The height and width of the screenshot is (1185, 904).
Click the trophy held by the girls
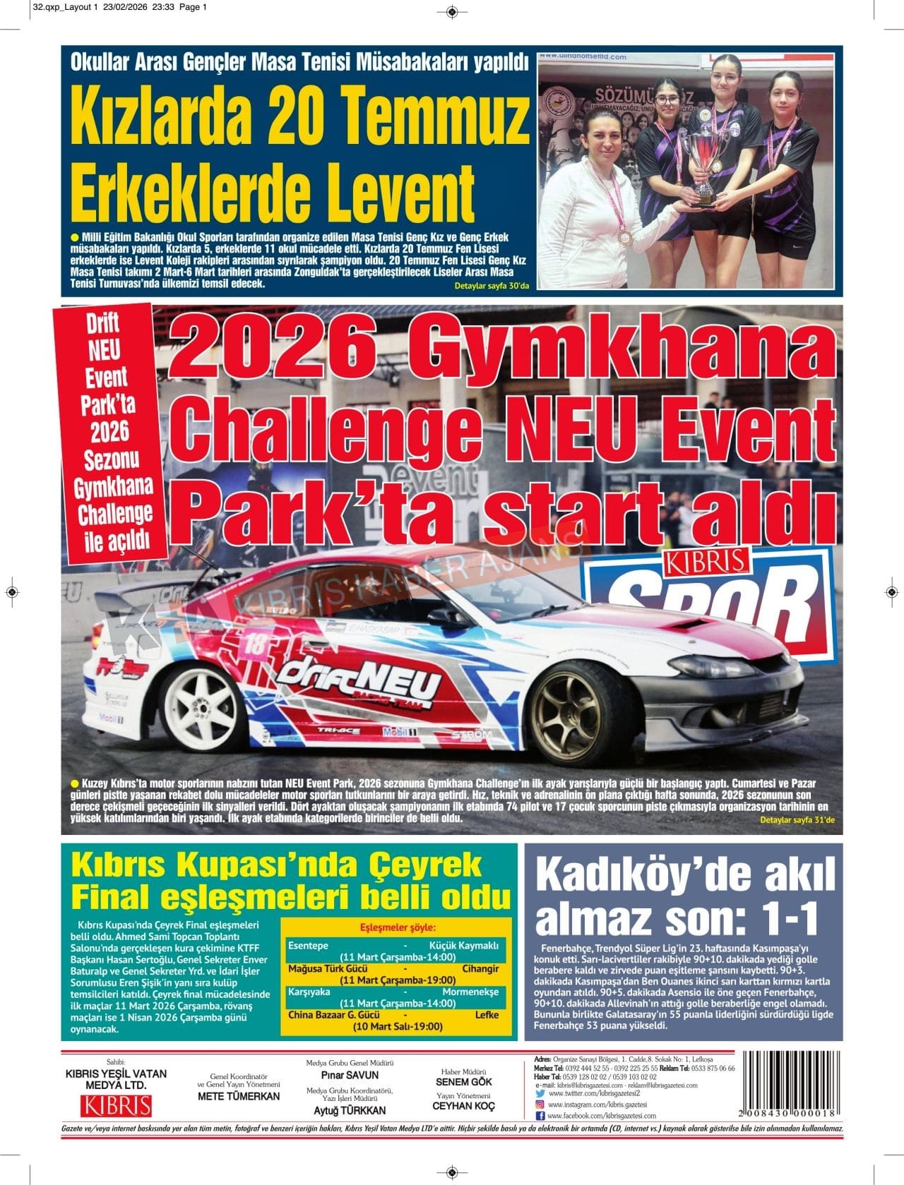[702, 162]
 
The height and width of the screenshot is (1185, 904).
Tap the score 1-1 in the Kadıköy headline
[777, 918]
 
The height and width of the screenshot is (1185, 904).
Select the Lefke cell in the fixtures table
[487, 1015]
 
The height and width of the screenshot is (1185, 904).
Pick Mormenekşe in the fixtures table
[470, 992]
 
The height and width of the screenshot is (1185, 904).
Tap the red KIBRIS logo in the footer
[116, 1105]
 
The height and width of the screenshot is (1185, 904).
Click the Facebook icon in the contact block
[540, 1116]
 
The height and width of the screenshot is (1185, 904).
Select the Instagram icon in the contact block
[540, 1104]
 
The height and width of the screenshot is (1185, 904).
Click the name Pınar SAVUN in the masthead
[350, 1075]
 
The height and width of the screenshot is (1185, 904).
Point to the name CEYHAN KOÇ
[464, 1106]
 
